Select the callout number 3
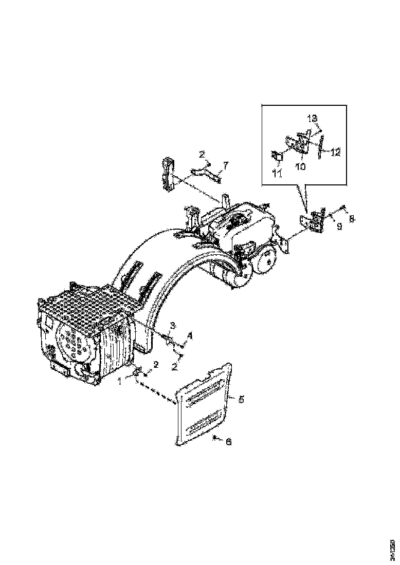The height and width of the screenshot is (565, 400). click(173, 325)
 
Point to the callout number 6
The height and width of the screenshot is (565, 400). click(229, 441)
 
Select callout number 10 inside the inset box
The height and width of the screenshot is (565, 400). click(299, 167)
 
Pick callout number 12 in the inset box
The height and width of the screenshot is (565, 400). click(335, 152)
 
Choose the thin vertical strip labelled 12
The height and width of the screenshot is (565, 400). click(320, 146)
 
